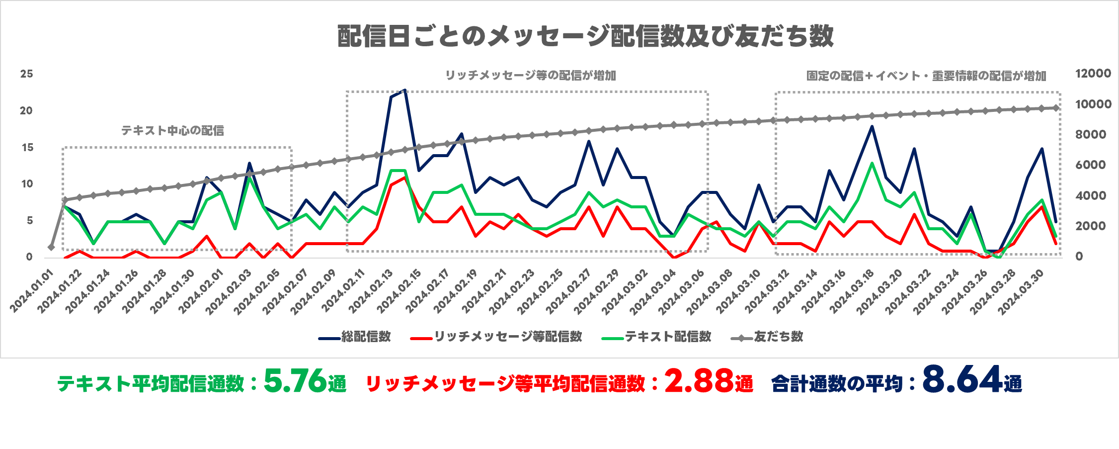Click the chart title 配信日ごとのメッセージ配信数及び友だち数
point(585,36)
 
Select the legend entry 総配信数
point(366,337)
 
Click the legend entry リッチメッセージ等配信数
point(508,337)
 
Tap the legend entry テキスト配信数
point(668,337)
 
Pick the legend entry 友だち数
point(778,337)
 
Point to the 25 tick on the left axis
point(27,74)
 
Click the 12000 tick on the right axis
point(1093,74)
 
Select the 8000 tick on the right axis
point(1091,135)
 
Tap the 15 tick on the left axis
point(27,148)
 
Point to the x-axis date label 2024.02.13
point(371,292)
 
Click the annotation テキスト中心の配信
point(172,131)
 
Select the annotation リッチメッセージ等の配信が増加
point(530,76)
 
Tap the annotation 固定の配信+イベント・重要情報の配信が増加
point(926,76)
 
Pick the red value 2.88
point(699,381)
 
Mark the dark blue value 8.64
point(962,380)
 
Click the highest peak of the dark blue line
point(405,90)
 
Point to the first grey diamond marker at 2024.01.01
point(51,247)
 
